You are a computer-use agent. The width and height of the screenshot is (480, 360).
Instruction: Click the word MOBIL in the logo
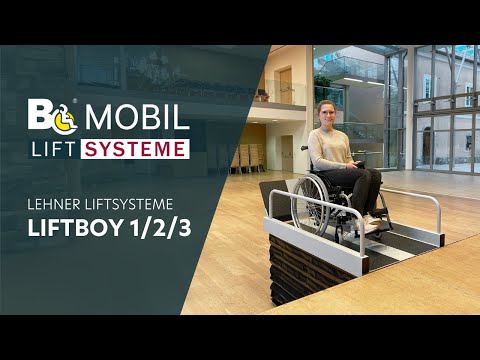(137, 117)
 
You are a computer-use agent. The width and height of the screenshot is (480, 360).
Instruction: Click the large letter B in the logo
(41, 115)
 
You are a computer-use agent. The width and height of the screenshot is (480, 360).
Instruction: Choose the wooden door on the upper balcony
(285, 85)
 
